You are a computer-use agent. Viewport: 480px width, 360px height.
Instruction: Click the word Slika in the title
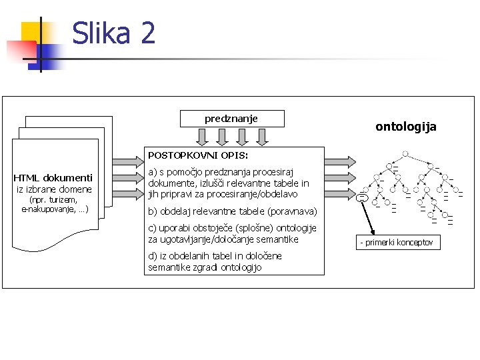[101, 33]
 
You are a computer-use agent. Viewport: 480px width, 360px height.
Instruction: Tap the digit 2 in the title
[146, 33]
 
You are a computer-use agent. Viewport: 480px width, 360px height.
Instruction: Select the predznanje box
[232, 119]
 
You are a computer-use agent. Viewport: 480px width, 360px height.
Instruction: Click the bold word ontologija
[405, 126]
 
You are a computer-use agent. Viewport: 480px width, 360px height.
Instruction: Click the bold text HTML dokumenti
[53, 178]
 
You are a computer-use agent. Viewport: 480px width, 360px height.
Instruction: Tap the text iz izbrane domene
[54, 189]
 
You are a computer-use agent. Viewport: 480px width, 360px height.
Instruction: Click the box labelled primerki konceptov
[397, 242]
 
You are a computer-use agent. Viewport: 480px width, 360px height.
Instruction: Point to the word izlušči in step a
[218, 183]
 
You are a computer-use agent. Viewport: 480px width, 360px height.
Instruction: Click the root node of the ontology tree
[405, 153]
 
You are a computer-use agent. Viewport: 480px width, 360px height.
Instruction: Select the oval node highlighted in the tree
[362, 197]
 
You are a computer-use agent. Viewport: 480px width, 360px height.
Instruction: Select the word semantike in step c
[276, 239]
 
